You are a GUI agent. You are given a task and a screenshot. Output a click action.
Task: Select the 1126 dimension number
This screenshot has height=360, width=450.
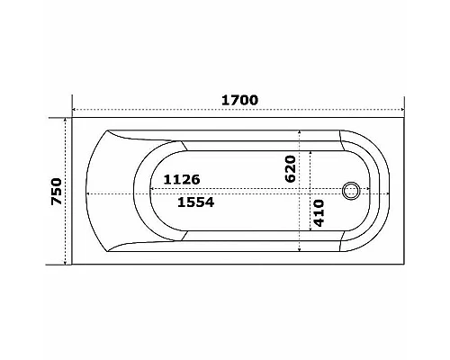pyautogui.click(x=181, y=180)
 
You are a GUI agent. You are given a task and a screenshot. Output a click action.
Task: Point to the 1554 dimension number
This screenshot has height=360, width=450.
pyautogui.click(x=194, y=203)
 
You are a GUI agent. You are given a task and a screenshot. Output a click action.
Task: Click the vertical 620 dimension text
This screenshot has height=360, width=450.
pyautogui.click(x=290, y=169)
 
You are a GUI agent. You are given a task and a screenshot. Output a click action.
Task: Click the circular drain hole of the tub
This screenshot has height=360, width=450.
pyautogui.click(x=352, y=191)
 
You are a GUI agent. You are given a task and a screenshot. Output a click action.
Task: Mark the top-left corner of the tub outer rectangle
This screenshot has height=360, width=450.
pyautogui.click(x=72, y=119)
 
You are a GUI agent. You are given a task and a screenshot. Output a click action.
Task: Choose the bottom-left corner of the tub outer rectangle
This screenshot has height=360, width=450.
pyautogui.click(x=72, y=264)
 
